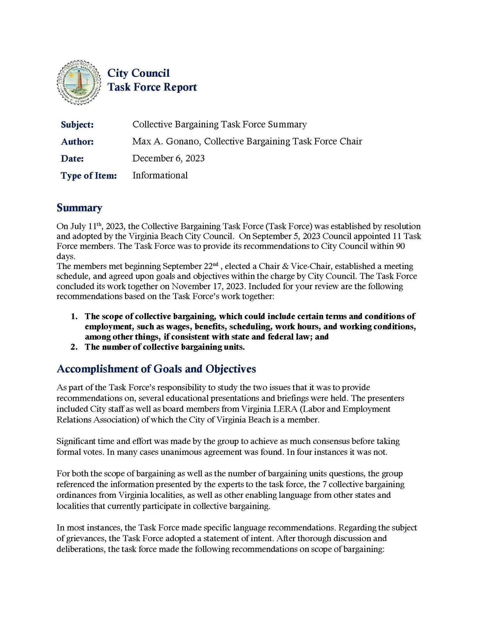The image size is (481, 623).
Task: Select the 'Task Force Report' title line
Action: point(152,87)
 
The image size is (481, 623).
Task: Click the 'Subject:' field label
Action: point(77,125)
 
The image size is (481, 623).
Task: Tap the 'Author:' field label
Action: point(77,142)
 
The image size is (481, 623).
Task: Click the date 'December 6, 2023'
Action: point(168,159)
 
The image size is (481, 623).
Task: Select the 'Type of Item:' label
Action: point(89,176)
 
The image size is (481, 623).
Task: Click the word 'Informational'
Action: point(160,176)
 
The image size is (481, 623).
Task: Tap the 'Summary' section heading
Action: point(79,208)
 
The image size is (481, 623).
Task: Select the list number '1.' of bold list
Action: point(74,316)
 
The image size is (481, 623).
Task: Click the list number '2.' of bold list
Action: point(74,347)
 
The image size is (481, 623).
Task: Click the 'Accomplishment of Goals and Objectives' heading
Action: point(156,369)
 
